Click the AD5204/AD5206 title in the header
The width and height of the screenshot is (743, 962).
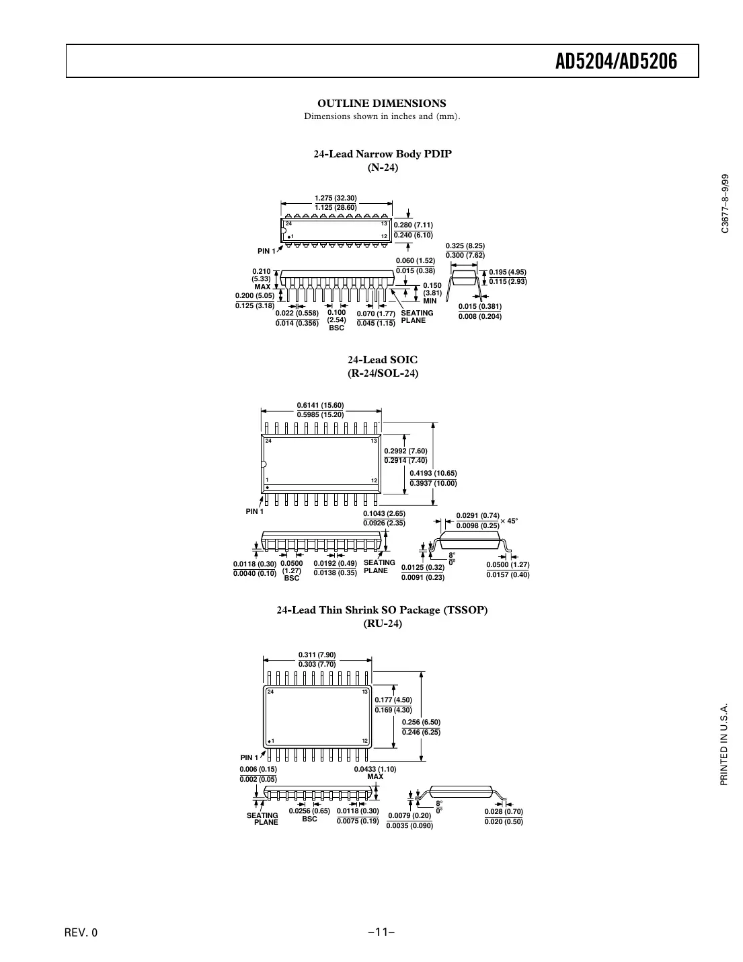pyautogui.click(x=616, y=62)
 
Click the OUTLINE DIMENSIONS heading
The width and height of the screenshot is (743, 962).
pyautogui.click(x=381, y=103)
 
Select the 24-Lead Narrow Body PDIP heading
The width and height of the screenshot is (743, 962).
pyautogui.click(x=383, y=153)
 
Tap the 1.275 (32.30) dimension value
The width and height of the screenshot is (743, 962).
pyautogui.click(x=336, y=198)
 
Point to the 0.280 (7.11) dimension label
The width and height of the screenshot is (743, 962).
pyautogui.click(x=413, y=225)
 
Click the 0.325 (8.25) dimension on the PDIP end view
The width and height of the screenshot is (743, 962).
pyautogui.click(x=465, y=246)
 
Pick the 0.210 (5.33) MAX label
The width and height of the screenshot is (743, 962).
pyautogui.click(x=262, y=279)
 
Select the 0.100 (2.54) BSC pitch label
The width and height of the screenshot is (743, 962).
pyautogui.click(x=336, y=320)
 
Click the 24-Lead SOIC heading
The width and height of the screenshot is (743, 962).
pyautogui.click(x=383, y=360)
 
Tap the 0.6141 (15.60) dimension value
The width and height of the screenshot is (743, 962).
pyautogui.click(x=320, y=405)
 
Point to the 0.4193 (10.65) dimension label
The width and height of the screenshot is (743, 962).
pyautogui.click(x=433, y=473)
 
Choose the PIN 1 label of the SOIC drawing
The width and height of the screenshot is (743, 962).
pyautogui.click(x=254, y=511)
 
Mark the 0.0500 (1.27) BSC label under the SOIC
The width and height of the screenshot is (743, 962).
pyautogui.click(x=291, y=570)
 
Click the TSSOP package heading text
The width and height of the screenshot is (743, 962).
pyautogui.click(x=383, y=610)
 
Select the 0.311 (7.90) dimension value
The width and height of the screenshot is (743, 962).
pyautogui.click(x=317, y=655)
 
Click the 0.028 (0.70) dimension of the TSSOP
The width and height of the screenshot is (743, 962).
pyautogui.click(x=504, y=812)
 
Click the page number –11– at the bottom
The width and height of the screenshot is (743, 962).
pyautogui.click(x=381, y=932)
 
